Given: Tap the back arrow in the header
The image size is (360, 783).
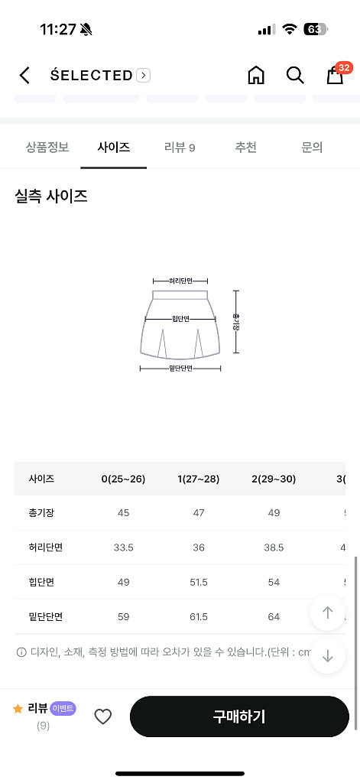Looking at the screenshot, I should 24,75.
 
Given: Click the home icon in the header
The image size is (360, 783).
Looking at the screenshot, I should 256,75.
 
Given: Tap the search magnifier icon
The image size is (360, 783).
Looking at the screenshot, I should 295,75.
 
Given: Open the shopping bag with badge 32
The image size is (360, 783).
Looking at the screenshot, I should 335,75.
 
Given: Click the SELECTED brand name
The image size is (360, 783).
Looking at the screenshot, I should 92,75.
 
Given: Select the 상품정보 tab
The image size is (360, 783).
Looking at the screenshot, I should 47,148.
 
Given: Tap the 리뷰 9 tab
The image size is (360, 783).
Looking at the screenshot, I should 180,148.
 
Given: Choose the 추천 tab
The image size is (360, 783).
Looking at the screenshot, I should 245,148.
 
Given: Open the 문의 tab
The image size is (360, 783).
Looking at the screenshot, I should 312,148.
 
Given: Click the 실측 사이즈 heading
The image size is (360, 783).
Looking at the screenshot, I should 51,197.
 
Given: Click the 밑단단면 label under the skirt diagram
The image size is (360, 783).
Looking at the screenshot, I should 180,369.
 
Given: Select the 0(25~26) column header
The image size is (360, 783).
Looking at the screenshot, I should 123,479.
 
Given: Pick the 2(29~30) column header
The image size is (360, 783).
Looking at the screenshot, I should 274,479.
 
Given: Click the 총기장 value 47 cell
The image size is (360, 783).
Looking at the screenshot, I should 199,512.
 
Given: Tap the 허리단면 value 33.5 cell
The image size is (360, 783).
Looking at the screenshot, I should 123,547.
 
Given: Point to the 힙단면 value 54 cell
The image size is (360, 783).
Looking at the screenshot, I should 274,582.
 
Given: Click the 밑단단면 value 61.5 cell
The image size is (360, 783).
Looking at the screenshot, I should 199,616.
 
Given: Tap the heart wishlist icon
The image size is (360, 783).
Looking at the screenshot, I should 102,716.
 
